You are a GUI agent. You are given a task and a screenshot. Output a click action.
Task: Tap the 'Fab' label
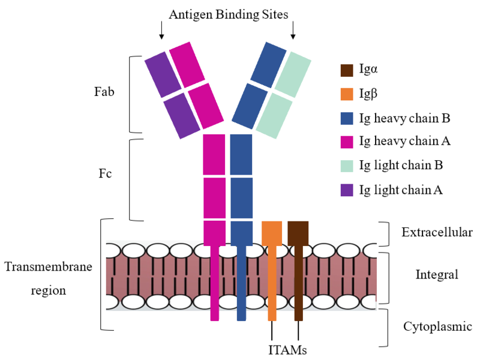104,93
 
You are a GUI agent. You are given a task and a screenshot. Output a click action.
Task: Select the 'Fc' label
106,174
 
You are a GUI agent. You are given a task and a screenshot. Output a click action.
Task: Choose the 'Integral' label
437,275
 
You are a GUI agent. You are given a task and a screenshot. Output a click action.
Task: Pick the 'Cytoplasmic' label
437,327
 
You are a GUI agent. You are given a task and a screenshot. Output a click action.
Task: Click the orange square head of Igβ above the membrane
272,233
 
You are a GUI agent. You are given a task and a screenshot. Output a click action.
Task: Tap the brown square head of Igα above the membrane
298,233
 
